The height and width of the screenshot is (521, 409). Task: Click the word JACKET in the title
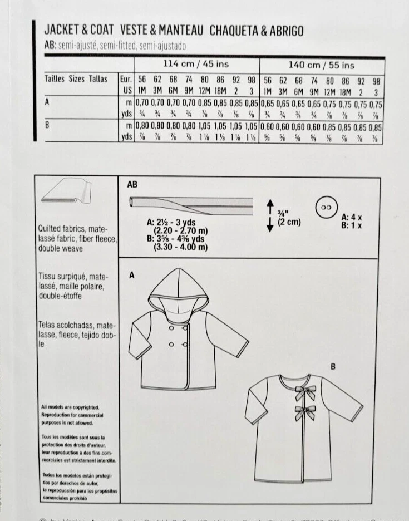[61, 31]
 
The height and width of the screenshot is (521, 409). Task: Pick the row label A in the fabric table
[47, 103]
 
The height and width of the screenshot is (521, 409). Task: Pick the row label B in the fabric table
[47, 126]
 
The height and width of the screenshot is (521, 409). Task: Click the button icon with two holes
[326, 207]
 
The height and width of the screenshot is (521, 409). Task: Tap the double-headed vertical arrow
[269, 214]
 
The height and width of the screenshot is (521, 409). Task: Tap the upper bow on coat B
[303, 392]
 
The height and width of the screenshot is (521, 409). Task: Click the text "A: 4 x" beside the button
[352, 217]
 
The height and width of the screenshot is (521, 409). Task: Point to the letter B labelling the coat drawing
[333, 366]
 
